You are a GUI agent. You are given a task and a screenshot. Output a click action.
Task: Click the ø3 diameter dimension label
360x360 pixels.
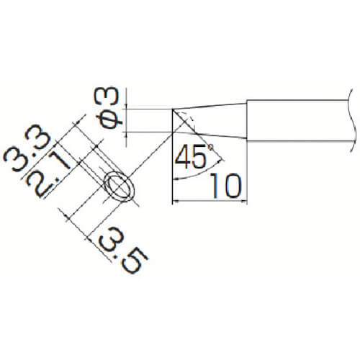click(x=107, y=108)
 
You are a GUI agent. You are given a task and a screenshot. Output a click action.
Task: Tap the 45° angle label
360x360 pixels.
click(x=194, y=156)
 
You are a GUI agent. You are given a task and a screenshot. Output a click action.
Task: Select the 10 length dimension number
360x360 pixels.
click(x=225, y=186)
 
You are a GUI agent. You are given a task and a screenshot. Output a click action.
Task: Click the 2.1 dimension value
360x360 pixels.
click(x=48, y=175)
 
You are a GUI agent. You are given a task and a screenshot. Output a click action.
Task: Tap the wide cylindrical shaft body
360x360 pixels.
click(x=297, y=120)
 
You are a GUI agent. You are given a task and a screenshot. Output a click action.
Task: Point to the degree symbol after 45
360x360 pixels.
click(x=210, y=146)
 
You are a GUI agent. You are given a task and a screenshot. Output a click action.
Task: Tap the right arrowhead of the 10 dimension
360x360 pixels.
click(x=244, y=202)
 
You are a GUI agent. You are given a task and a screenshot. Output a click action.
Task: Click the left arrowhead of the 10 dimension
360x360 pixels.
click(x=176, y=202)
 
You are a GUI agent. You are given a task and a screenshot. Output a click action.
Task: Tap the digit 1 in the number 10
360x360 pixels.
click(x=215, y=186)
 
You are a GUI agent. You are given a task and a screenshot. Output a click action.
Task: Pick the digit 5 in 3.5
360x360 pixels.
click(x=135, y=261)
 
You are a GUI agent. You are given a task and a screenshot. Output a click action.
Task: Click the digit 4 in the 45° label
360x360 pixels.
click(x=184, y=156)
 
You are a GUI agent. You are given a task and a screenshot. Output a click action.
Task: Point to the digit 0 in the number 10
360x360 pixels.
click(x=231, y=186)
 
